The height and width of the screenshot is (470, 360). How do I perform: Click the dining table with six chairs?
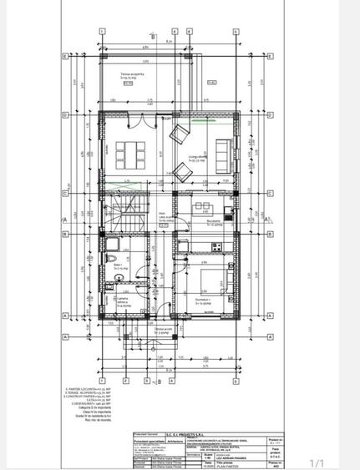coord(129,153)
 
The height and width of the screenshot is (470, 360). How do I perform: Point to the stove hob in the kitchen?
coord(215,246)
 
